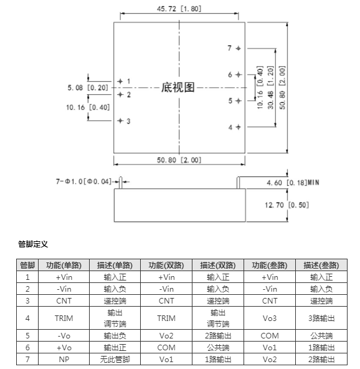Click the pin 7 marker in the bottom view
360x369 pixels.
point(238,48)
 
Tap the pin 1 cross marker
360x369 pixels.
point(120,81)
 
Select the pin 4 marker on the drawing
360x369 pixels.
point(238,127)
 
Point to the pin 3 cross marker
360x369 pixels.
point(120,121)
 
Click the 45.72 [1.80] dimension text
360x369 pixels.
point(179,9)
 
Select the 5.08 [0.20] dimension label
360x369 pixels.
point(88,88)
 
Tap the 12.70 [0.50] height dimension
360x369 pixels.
point(287,205)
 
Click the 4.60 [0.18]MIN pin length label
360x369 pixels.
point(293,183)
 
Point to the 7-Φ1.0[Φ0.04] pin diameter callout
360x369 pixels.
point(83,181)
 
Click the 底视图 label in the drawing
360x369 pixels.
point(178,87)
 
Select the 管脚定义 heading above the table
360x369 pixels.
point(33,244)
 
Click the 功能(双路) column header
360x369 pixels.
point(166,266)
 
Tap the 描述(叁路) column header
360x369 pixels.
point(321,266)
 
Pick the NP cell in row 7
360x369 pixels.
point(64,360)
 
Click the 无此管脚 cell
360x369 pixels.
point(115,360)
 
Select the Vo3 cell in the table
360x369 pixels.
point(270,318)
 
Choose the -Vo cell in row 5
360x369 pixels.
point(64,335)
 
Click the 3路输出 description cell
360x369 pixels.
point(321,318)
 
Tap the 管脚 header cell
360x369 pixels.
point(27,266)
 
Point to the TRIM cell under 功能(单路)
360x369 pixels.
point(64,318)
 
